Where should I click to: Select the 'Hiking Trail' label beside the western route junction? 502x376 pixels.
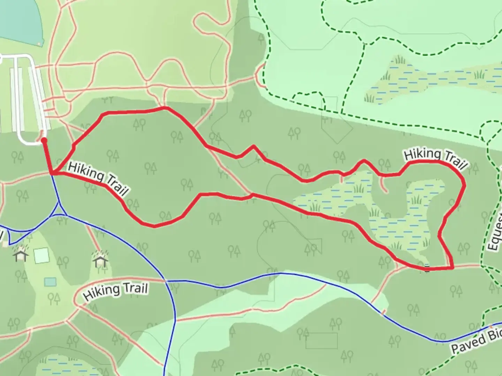pyautogui.click(x=98, y=178)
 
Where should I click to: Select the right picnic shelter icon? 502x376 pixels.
pyautogui.click(x=100, y=258)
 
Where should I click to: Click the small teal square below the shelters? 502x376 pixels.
pyautogui.click(x=50, y=282)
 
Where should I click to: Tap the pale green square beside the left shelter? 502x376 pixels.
pyautogui.click(x=41, y=256)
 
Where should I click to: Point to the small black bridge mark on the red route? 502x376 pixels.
pyautogui.click(x=427, y=268)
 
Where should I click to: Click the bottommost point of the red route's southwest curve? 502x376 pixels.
pyautogui.click(x=154, y=227)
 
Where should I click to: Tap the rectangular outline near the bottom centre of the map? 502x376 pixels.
pyautogui.click(x=321, y=340)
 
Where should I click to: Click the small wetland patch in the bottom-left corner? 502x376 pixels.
pyautogui.click(x=56, y=366)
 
